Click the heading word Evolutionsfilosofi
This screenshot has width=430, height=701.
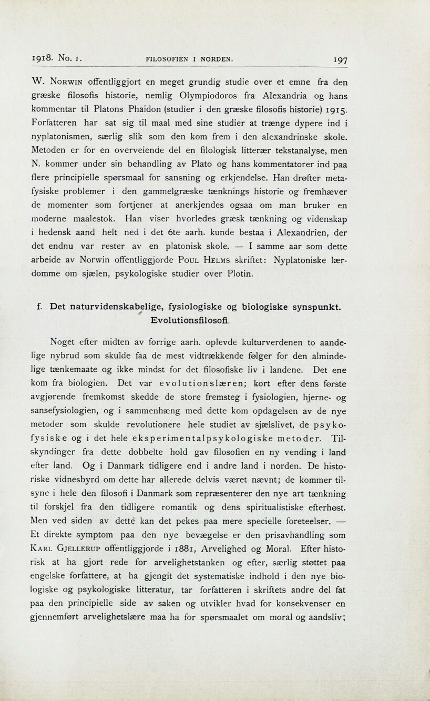pos(190,320)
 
